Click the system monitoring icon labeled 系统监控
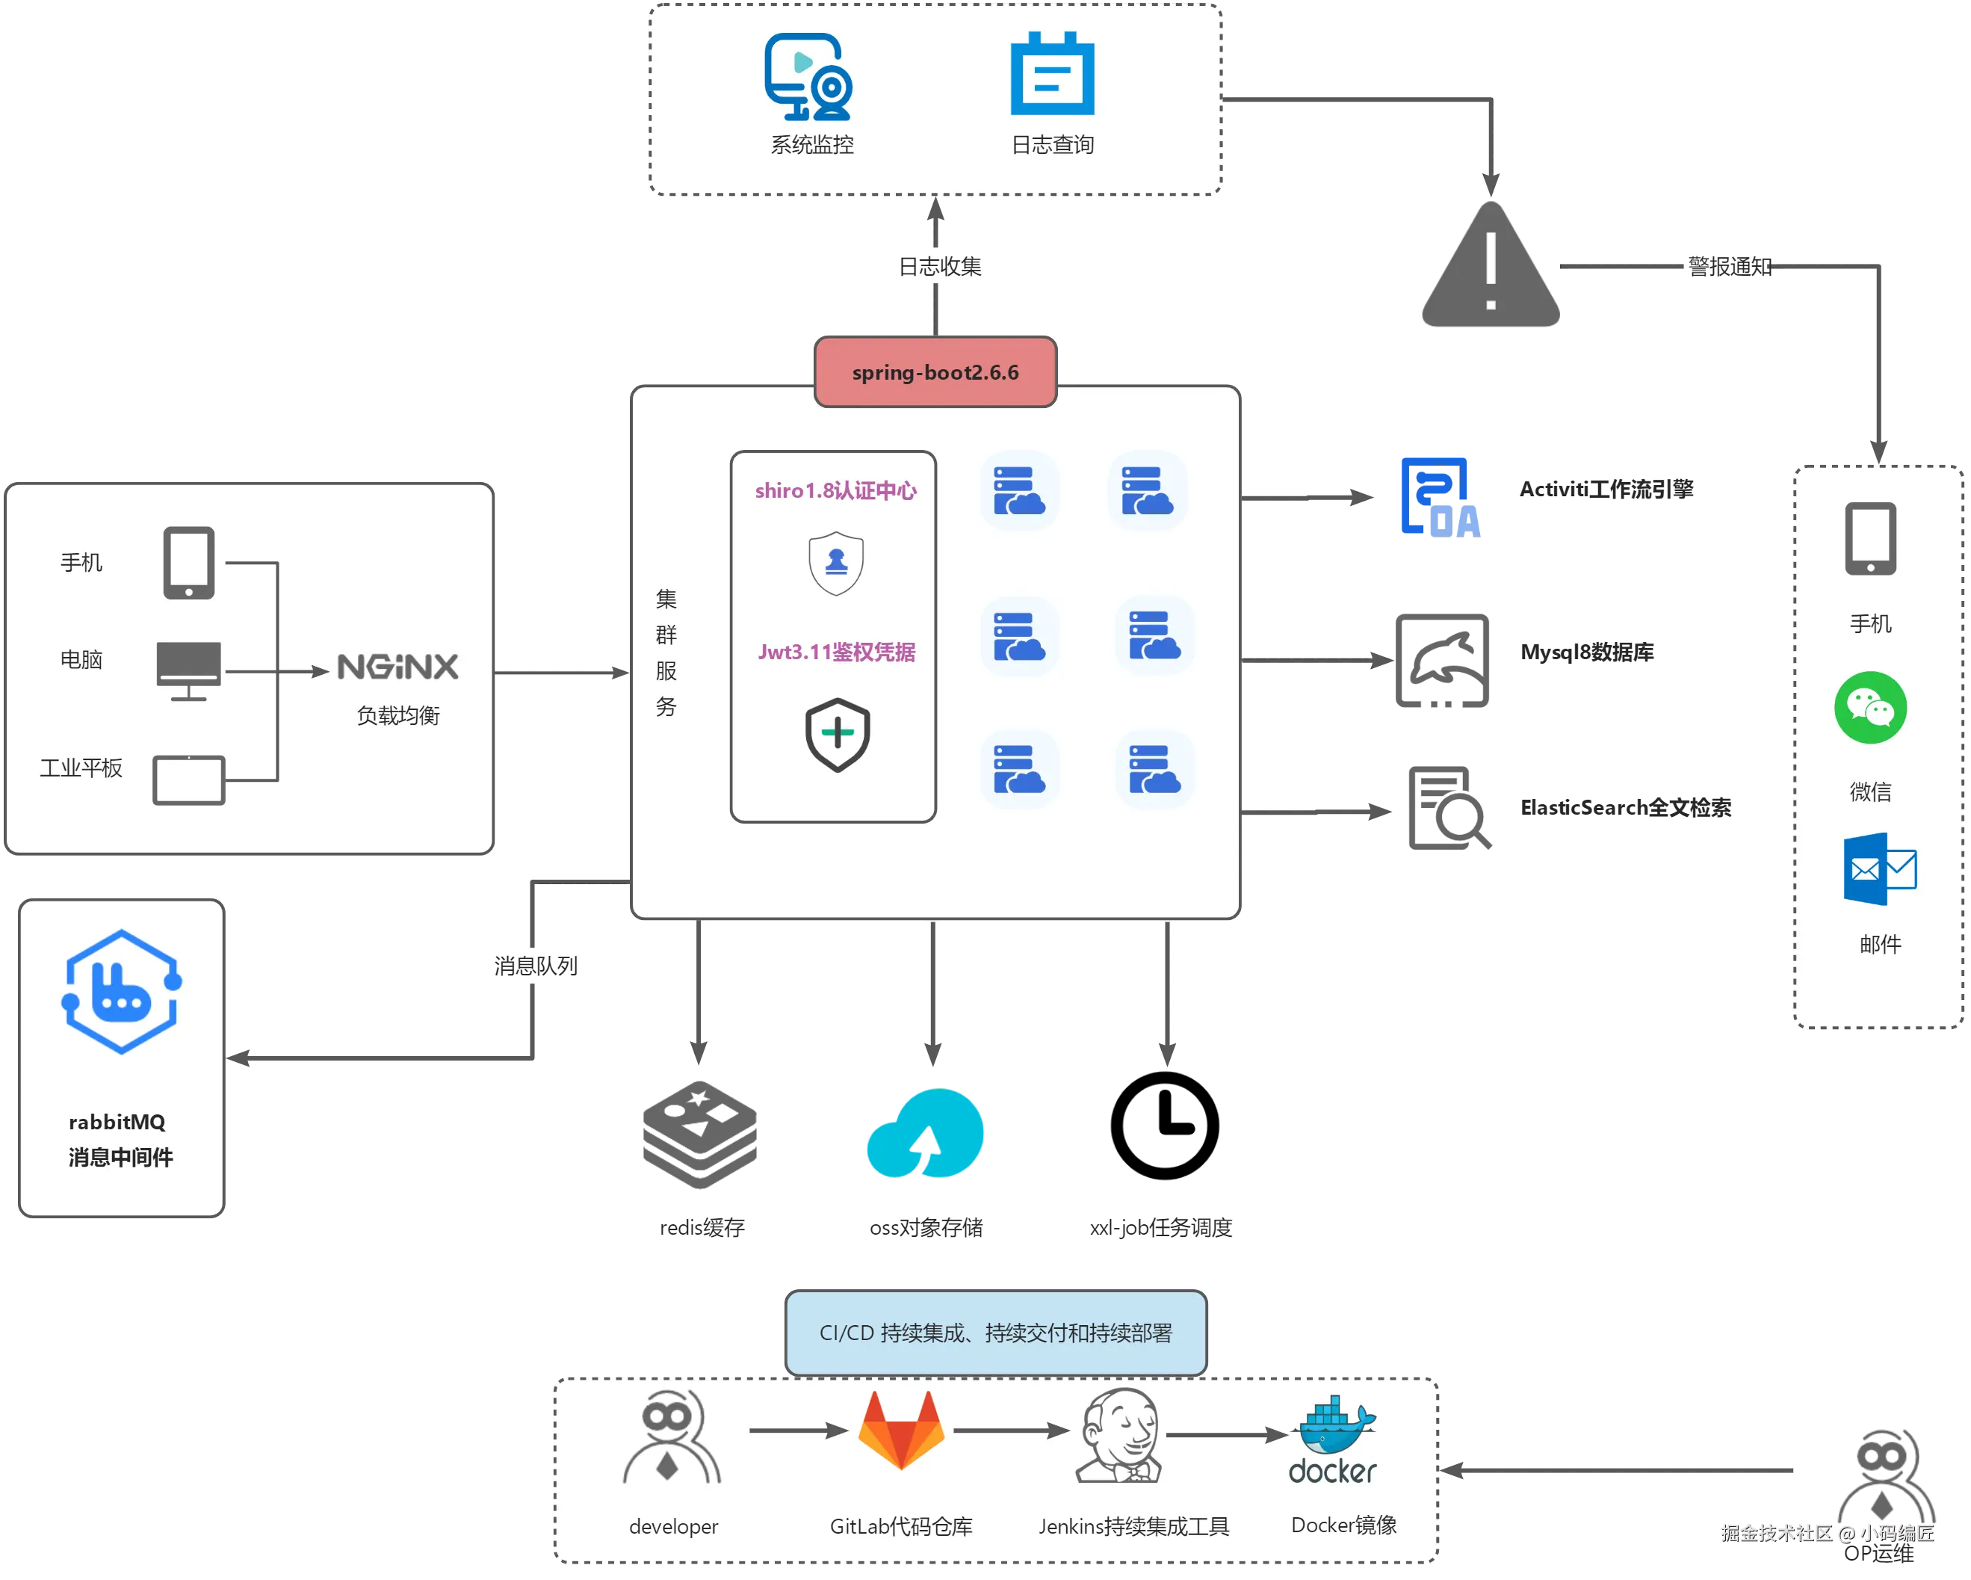(808, 77)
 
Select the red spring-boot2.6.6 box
(935, 372)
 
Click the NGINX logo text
(397, 667)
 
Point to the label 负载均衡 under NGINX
(397, 715)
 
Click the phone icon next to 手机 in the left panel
(188, 562)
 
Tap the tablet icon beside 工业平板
(188, 780)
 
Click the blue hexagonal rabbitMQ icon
(121, 992)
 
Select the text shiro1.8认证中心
(835, 491)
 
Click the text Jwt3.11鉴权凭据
(835, 652)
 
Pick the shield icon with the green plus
(837, 734)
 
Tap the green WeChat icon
(1870, 708)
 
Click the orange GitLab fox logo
(901, 1429)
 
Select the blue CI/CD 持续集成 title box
(995, 1332)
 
